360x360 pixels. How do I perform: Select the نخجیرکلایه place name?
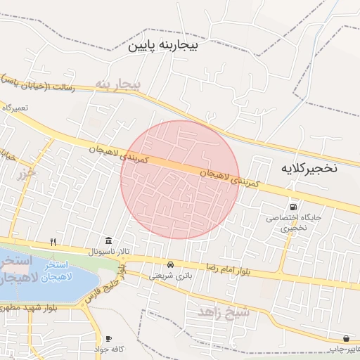[x=309, y=169]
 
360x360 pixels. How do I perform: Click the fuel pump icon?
[x=292, y=207]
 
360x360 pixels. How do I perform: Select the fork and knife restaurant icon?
[x=53, y=242]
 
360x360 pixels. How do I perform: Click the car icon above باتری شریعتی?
[x=170, y=264]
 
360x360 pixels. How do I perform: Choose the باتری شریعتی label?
[x=169, y=276]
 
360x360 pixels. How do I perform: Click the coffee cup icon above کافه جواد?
[x=108, y=338]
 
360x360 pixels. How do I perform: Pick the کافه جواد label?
[x=109, y=349]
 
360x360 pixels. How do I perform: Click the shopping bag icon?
[x=346, y=338]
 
